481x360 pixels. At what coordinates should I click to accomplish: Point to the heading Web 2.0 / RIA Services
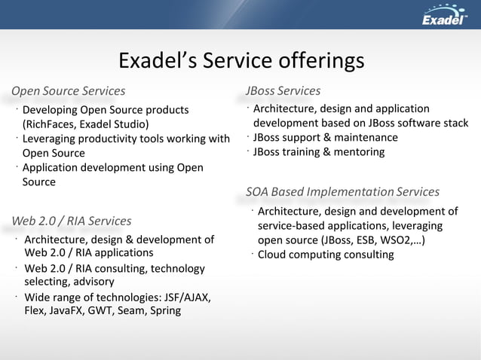pos(72,221)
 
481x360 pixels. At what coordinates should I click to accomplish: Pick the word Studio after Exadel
pos(129,124)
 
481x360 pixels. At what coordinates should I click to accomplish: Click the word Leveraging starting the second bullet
pos(52,139)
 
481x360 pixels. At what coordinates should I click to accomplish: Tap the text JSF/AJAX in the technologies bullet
pos(182,297)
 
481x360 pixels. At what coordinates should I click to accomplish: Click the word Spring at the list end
pos(165,310)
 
